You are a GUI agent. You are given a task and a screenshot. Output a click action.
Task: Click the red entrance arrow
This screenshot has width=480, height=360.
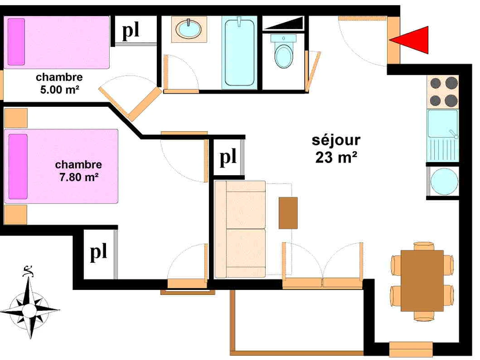[x=412, y=40]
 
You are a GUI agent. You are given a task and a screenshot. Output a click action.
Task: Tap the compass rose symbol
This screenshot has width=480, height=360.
[x=29, y=308]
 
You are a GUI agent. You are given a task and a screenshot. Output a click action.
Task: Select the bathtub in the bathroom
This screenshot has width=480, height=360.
[x=239, y=52]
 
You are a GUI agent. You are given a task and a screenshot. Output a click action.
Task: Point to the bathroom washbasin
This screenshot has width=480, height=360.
[x=189, y=29]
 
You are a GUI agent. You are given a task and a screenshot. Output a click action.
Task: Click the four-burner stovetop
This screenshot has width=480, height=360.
[x=443, y=91]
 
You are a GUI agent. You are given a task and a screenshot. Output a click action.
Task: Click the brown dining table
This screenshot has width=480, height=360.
[x=422, y=280]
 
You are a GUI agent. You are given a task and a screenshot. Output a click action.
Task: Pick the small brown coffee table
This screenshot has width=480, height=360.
[x=288, y=213]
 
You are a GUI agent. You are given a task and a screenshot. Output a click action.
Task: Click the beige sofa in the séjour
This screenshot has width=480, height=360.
[x=240, y=229]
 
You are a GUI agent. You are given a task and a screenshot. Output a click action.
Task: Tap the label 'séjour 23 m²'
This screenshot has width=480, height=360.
[x=336, y=149]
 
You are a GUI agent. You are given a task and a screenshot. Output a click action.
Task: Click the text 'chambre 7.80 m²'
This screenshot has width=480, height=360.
[x=79, y=171]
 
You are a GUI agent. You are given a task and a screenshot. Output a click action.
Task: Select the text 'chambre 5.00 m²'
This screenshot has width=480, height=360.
[x=59, y=83]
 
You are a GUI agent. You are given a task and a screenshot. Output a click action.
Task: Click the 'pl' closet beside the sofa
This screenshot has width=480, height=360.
[x=228, y=157]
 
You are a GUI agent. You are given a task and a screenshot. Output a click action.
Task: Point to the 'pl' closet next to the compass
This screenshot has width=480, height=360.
[x=98, y=253]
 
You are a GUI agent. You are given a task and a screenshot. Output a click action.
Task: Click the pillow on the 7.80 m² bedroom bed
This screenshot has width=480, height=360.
[x=18, y=166]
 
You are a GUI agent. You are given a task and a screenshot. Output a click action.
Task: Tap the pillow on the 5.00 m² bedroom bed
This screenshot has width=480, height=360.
[x=16, y=42]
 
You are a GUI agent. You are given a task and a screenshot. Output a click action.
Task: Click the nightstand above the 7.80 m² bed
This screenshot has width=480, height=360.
[x=16, y=118]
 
